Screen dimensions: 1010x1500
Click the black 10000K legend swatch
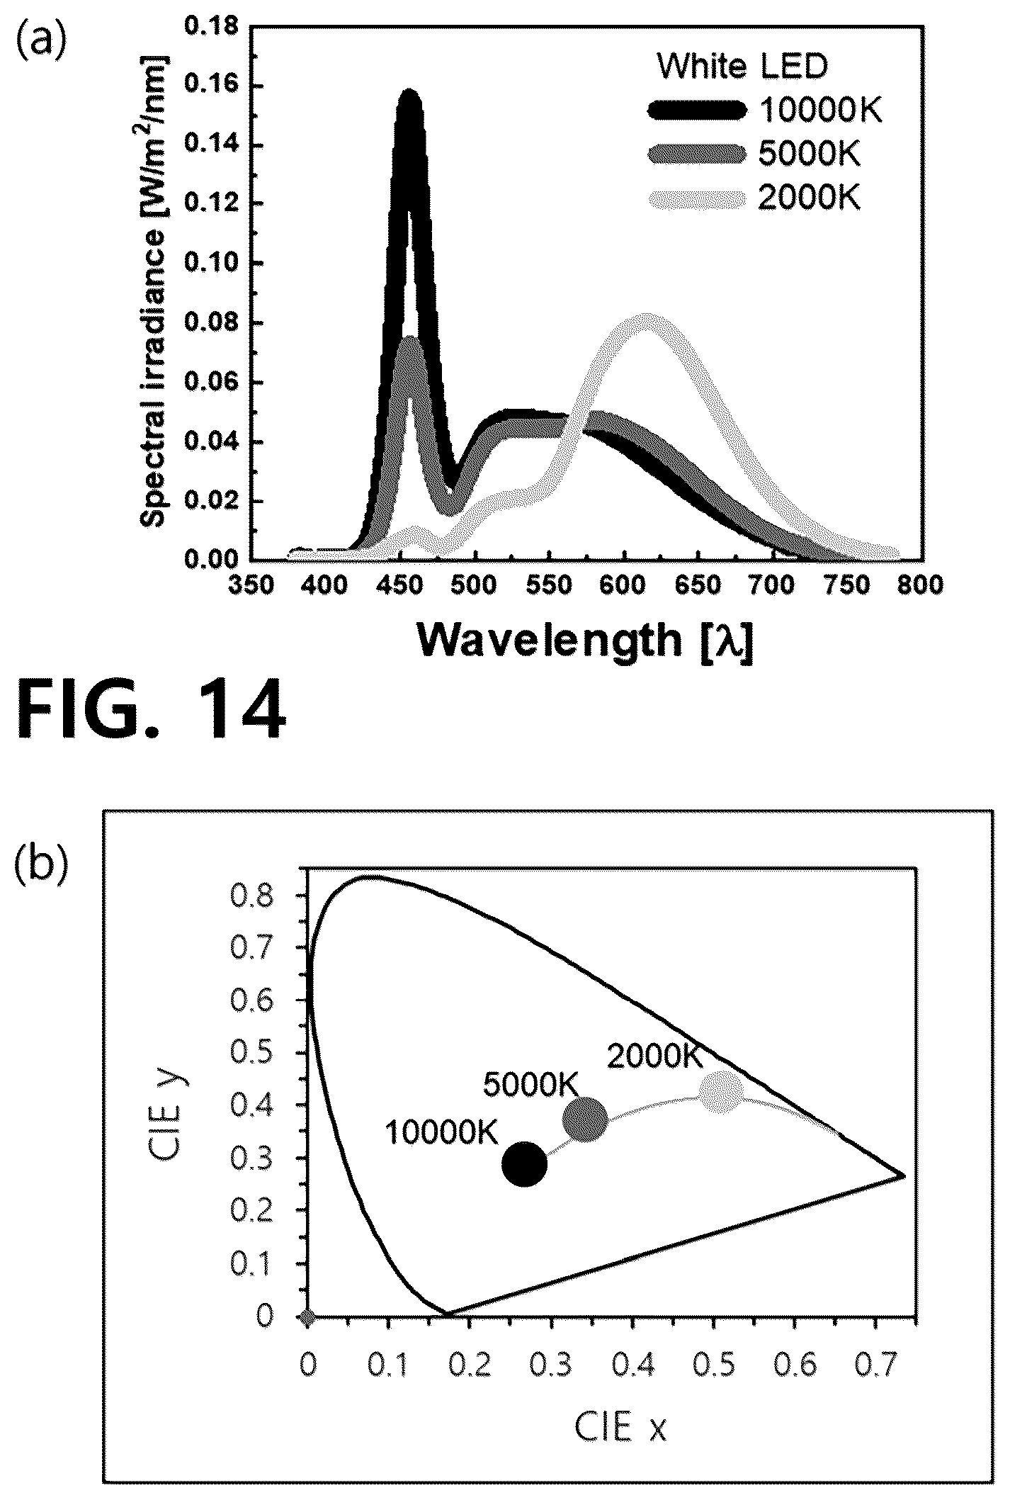point(697,110)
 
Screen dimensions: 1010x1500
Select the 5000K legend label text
point(809,154)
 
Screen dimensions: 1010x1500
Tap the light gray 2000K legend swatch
point(697,199)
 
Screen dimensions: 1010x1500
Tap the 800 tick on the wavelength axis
point(922,585)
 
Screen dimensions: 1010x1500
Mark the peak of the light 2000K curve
point(646,316)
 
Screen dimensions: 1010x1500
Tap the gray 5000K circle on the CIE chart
point(585,1120)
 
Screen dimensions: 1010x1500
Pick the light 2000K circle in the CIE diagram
point(722,1092)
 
